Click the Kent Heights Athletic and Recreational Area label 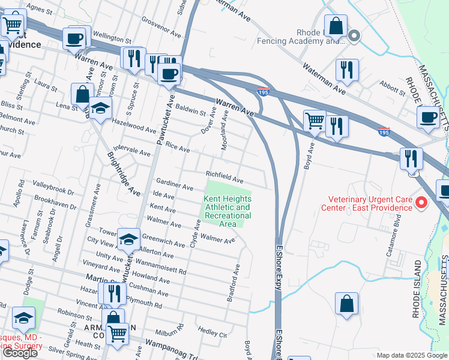pos(228,211)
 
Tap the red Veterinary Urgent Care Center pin pos(421,203)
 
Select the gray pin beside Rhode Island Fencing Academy pos(354,36)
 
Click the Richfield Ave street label pos(225,178)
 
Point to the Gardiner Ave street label pos(174,184)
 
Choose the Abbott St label pos(393,88)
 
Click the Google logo pos(20,353)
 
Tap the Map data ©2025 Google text pos(412,355)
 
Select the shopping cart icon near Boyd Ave pos(315,120)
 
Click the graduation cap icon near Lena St pos(101,108)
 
